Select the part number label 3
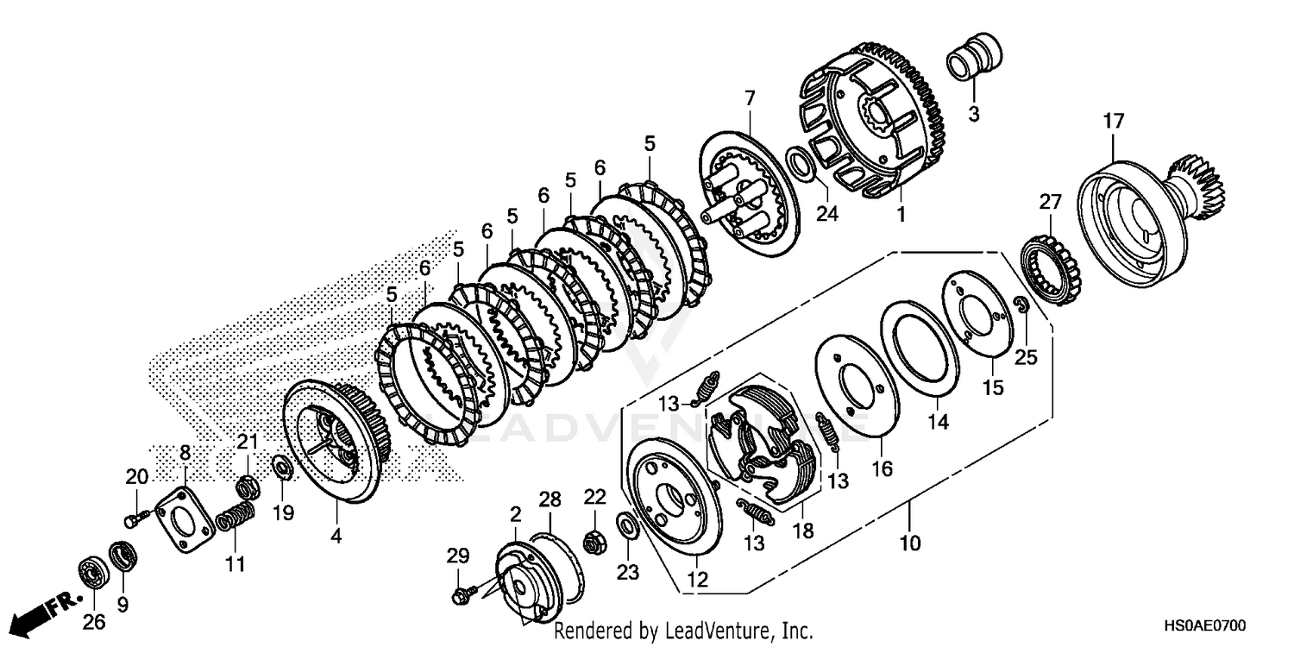[973, 114]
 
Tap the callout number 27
[1049, 203]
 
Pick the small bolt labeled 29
[461, 594]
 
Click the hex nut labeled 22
[594, 543]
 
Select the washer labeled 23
[627, 523]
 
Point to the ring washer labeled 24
[799, 162]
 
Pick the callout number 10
[910, 543]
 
